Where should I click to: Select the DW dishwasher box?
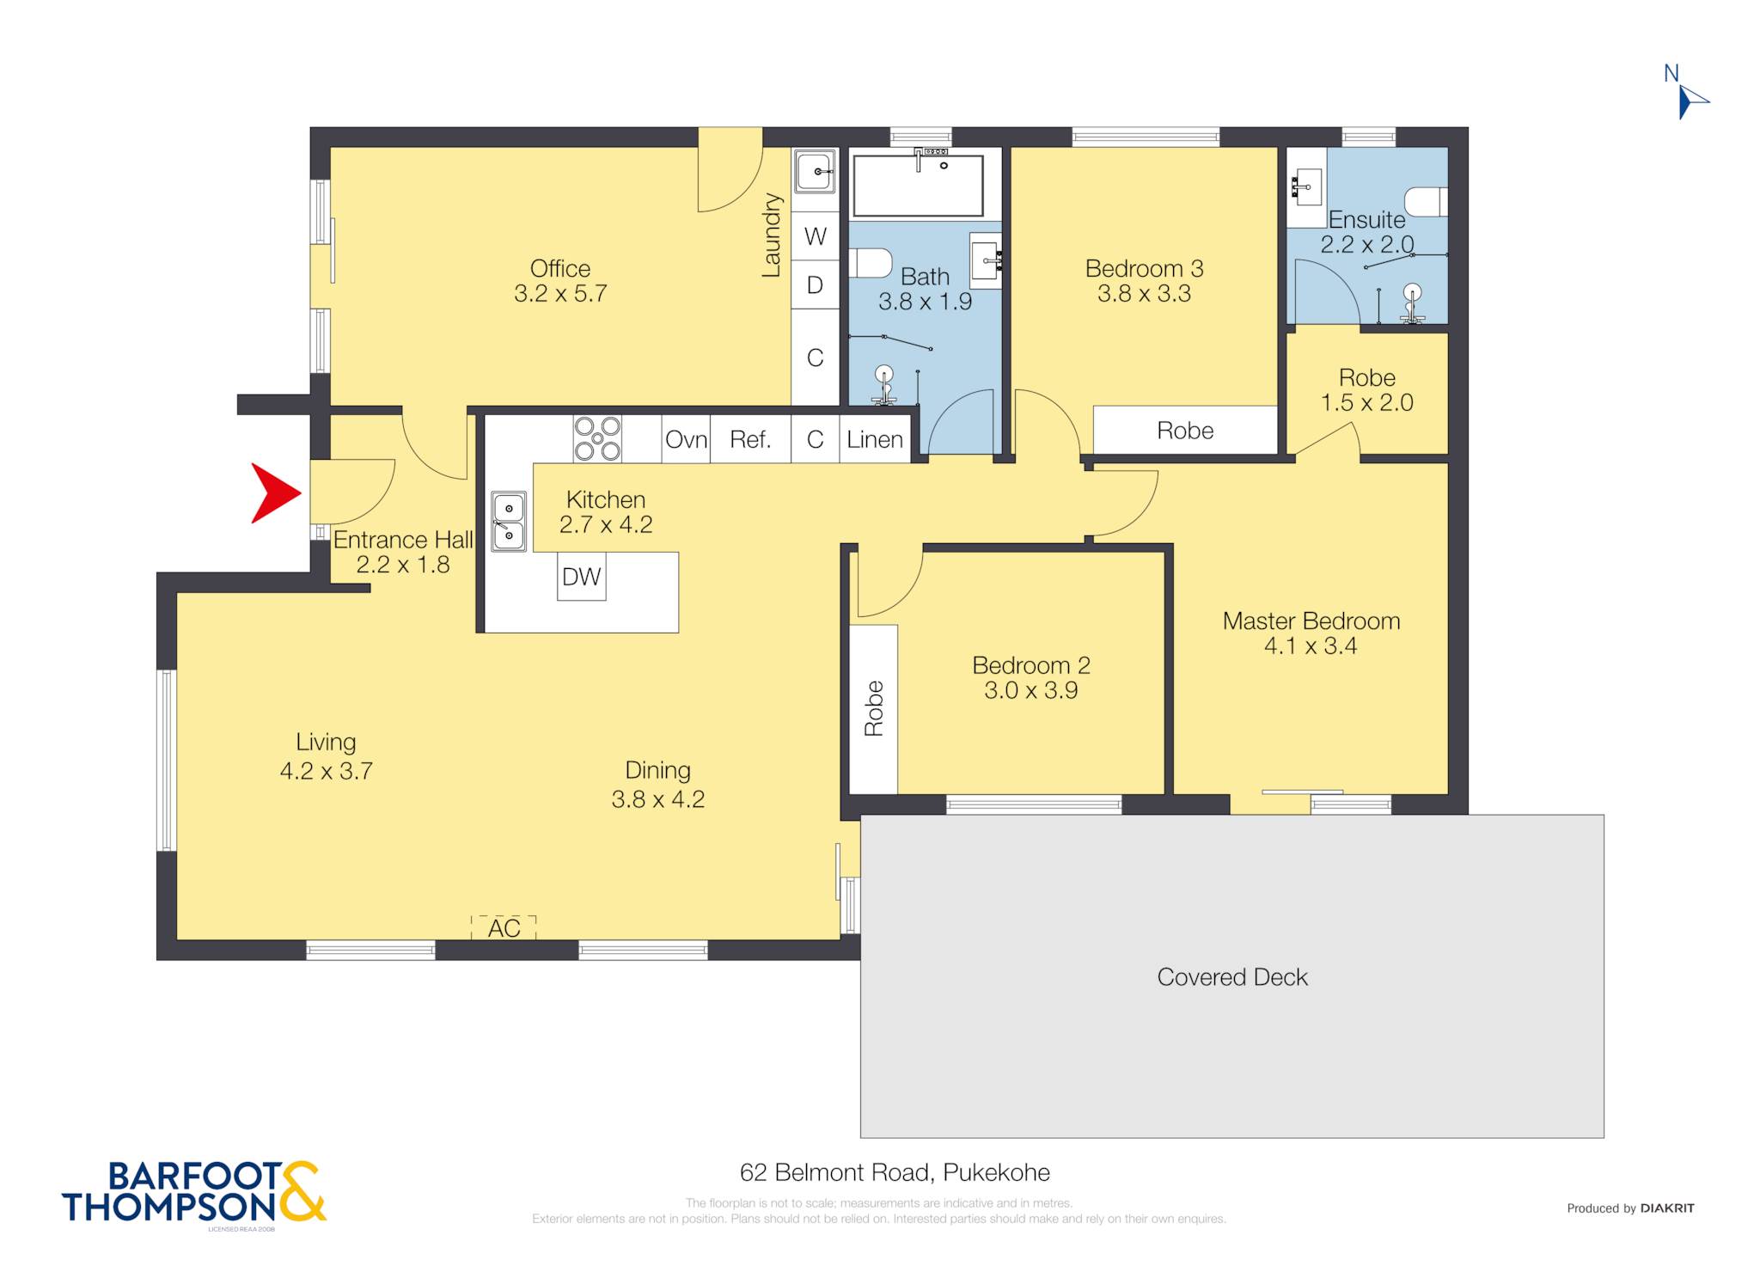coord(582,576)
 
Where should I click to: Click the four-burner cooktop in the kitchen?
coord(597,438)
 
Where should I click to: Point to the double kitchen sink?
coord(509,521)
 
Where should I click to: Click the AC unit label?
coord(504,927)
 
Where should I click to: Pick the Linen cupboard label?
coord(874,439)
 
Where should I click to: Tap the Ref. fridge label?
coord(749,439)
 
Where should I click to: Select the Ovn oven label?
coord(686,439)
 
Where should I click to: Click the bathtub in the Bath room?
coord(918,186)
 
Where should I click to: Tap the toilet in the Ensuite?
coord(1427,202)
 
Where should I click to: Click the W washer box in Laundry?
coord(815,236)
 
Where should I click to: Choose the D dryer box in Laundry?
coord(815,284)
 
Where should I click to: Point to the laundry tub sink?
coord(814,171)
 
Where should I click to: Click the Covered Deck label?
coord(1232,977)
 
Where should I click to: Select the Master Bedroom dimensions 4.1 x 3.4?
coord(1311,646)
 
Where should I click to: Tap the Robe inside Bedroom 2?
coord(874,709)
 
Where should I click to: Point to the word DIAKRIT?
coord(1667,1208)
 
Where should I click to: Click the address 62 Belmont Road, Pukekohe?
coord(895,1172)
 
